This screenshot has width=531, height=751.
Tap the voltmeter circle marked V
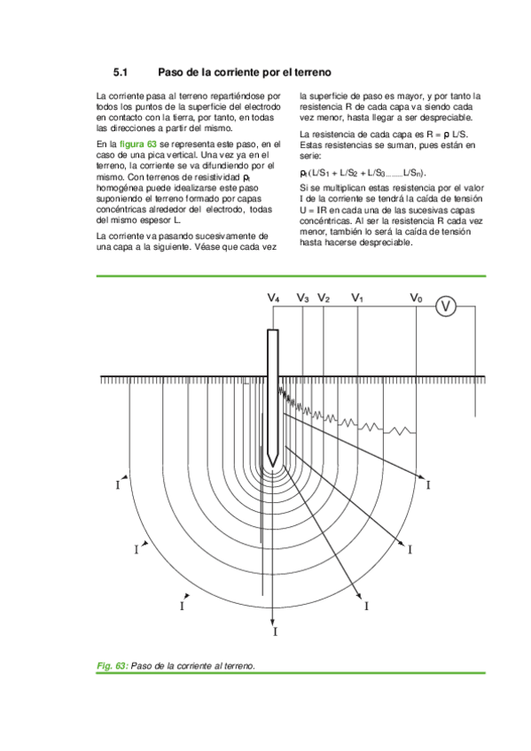coord(447,306)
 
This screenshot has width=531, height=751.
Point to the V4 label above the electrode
coord(274,299)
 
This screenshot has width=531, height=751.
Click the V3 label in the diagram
coord(302,299)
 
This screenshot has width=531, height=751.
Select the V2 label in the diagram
coord(324,299)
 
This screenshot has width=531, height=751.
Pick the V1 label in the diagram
coord(357,299)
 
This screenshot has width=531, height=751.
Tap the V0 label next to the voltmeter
coord(416,299)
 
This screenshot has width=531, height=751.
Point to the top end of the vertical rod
coord(275,331)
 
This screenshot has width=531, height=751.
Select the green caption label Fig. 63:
coord(113,664)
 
